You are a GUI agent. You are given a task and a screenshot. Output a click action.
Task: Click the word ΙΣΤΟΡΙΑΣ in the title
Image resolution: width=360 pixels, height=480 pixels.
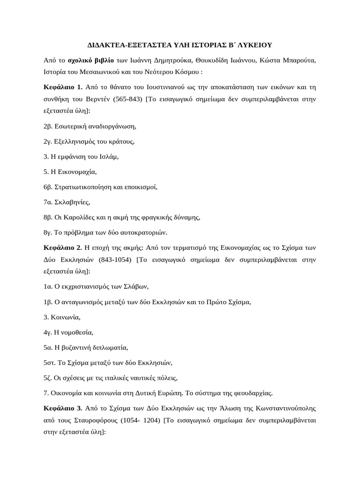coord(206,45)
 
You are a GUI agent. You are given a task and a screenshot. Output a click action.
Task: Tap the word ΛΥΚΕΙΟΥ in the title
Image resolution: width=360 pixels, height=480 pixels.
coord(253,45)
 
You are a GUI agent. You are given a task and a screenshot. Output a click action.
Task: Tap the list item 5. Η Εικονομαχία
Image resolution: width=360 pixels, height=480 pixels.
coord(70,172)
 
